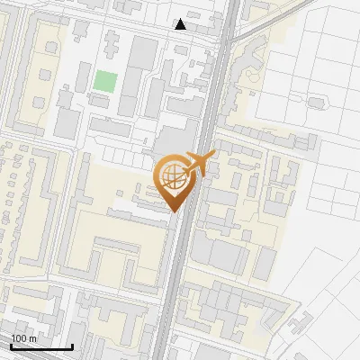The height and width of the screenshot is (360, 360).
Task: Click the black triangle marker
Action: (x=181, y=24)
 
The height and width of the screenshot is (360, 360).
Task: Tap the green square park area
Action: (x=105, y=80)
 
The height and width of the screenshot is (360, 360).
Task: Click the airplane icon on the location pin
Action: (x=199, y=163)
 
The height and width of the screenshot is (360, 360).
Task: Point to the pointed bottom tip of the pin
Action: (x=172, y=211)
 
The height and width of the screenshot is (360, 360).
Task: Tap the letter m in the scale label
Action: (x=33, y=338)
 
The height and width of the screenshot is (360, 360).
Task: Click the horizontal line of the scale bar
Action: (x=41, y=346)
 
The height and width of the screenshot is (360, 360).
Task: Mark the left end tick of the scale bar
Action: (x=11, y=345)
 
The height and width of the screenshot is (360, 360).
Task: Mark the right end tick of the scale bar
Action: (x=72, y=345)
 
